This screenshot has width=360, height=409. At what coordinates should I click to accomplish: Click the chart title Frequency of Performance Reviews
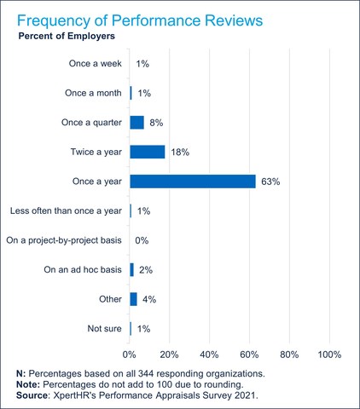click(143, 19)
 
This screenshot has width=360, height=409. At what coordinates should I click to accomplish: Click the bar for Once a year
click(192, 181)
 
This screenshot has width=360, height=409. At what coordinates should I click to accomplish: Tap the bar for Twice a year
click(147, 152)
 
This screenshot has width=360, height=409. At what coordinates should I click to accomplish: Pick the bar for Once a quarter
click(136, 123)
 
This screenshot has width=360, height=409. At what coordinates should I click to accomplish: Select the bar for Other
click(133, 299)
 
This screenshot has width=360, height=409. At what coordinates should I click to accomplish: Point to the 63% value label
click(270, 181)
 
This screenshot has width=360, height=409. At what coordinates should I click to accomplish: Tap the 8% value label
click(157, 123)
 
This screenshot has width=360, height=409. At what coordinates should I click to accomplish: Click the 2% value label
click(147, 270)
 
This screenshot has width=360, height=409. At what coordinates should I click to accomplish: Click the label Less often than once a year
click(66, 210)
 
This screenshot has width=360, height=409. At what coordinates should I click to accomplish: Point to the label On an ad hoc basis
click(83, 270)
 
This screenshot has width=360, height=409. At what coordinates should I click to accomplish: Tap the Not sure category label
click(105, 328)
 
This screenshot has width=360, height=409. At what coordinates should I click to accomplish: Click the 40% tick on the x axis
click(210, 354)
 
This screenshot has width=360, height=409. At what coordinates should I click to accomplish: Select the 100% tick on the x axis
click(329, 354)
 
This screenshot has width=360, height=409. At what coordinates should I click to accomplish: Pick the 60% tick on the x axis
click(249, 354)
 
